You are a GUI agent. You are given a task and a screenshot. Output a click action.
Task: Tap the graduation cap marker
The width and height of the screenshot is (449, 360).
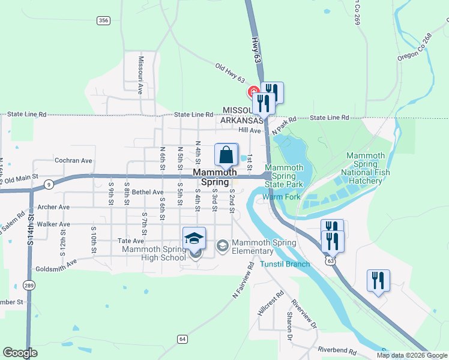194,239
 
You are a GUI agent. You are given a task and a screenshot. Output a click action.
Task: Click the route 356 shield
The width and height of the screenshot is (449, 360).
103,20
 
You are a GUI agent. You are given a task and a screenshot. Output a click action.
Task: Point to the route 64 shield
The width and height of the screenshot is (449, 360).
182,339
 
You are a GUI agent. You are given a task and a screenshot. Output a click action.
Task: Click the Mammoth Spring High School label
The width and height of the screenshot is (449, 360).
154,253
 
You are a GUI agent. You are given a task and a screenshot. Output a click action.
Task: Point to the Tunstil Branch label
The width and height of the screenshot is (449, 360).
285,264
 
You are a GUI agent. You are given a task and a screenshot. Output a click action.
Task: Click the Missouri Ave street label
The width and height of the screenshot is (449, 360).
140,76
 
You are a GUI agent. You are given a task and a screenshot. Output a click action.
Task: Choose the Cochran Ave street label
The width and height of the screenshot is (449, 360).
73,161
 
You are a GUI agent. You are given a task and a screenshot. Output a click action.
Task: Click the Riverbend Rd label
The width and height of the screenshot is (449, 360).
337,350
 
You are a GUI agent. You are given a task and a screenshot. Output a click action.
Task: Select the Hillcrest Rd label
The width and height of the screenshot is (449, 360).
271,304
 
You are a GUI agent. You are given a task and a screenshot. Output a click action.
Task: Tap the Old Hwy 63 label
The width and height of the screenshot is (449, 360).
231,72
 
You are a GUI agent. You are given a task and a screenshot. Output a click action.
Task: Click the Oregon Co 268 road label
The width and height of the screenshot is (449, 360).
414,47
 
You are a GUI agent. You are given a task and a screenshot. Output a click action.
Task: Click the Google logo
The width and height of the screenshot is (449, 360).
20,353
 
